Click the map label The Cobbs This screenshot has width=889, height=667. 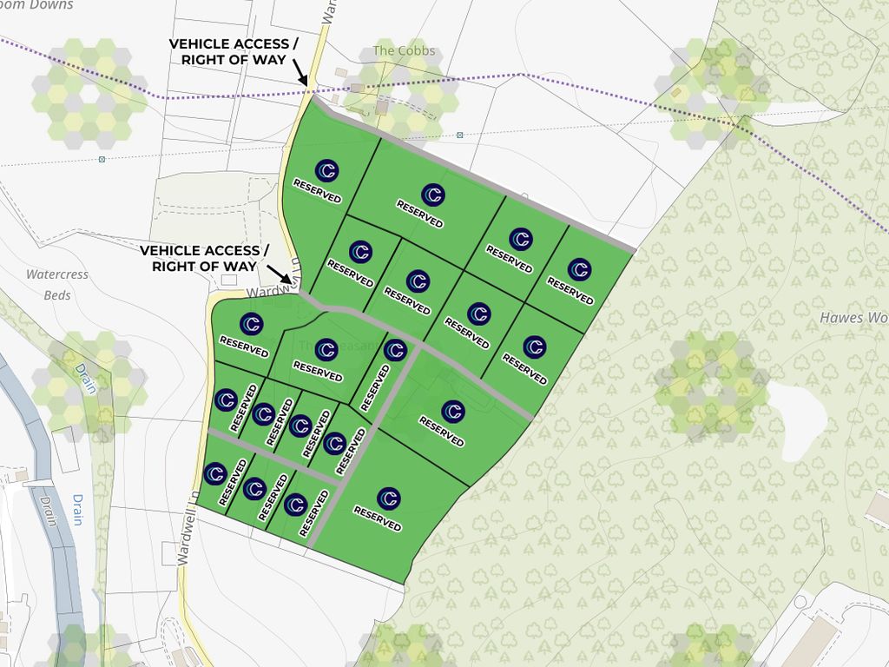[x=404, y=51]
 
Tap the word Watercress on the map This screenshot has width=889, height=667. [x=57, y=274]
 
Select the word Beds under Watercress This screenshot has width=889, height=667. [x=57, y=295]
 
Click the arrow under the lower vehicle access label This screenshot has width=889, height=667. [x=292, y=282]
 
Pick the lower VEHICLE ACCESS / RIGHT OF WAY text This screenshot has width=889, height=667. [x=205, y=259]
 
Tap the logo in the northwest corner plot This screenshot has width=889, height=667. [x=326, y=170]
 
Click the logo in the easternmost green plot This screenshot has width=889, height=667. [x=579, y=269]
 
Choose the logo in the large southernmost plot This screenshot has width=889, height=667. [x=388, y=499]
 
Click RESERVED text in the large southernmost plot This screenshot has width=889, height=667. [x=378, y=519]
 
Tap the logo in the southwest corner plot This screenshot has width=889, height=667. [x=215, y=473]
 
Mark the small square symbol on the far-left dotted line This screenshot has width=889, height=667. [x=102, y=159]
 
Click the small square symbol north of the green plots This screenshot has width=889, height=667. [x=459, y=135]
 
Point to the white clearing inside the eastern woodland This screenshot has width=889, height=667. [x=790, y=408]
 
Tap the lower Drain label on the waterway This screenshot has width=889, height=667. [x=76, y=510]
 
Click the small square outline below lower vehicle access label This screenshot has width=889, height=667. [x=229, y=280]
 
